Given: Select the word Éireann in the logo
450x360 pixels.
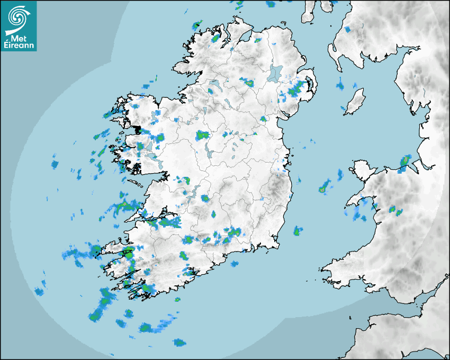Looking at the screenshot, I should pos(19,46).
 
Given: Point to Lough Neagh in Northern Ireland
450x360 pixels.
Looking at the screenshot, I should pos(275,73).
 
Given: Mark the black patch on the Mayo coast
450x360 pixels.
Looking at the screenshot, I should pos(138,129).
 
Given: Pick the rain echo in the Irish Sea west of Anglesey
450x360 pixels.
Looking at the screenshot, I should pos(324,187).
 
